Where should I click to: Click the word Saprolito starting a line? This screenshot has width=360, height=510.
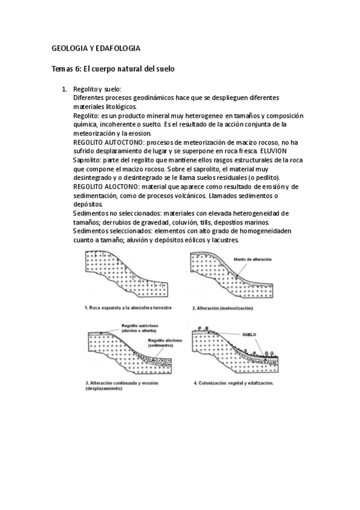(88, 161)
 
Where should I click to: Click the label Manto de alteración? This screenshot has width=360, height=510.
(253, 259)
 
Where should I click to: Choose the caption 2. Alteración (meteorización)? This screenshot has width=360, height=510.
(222, 309)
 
